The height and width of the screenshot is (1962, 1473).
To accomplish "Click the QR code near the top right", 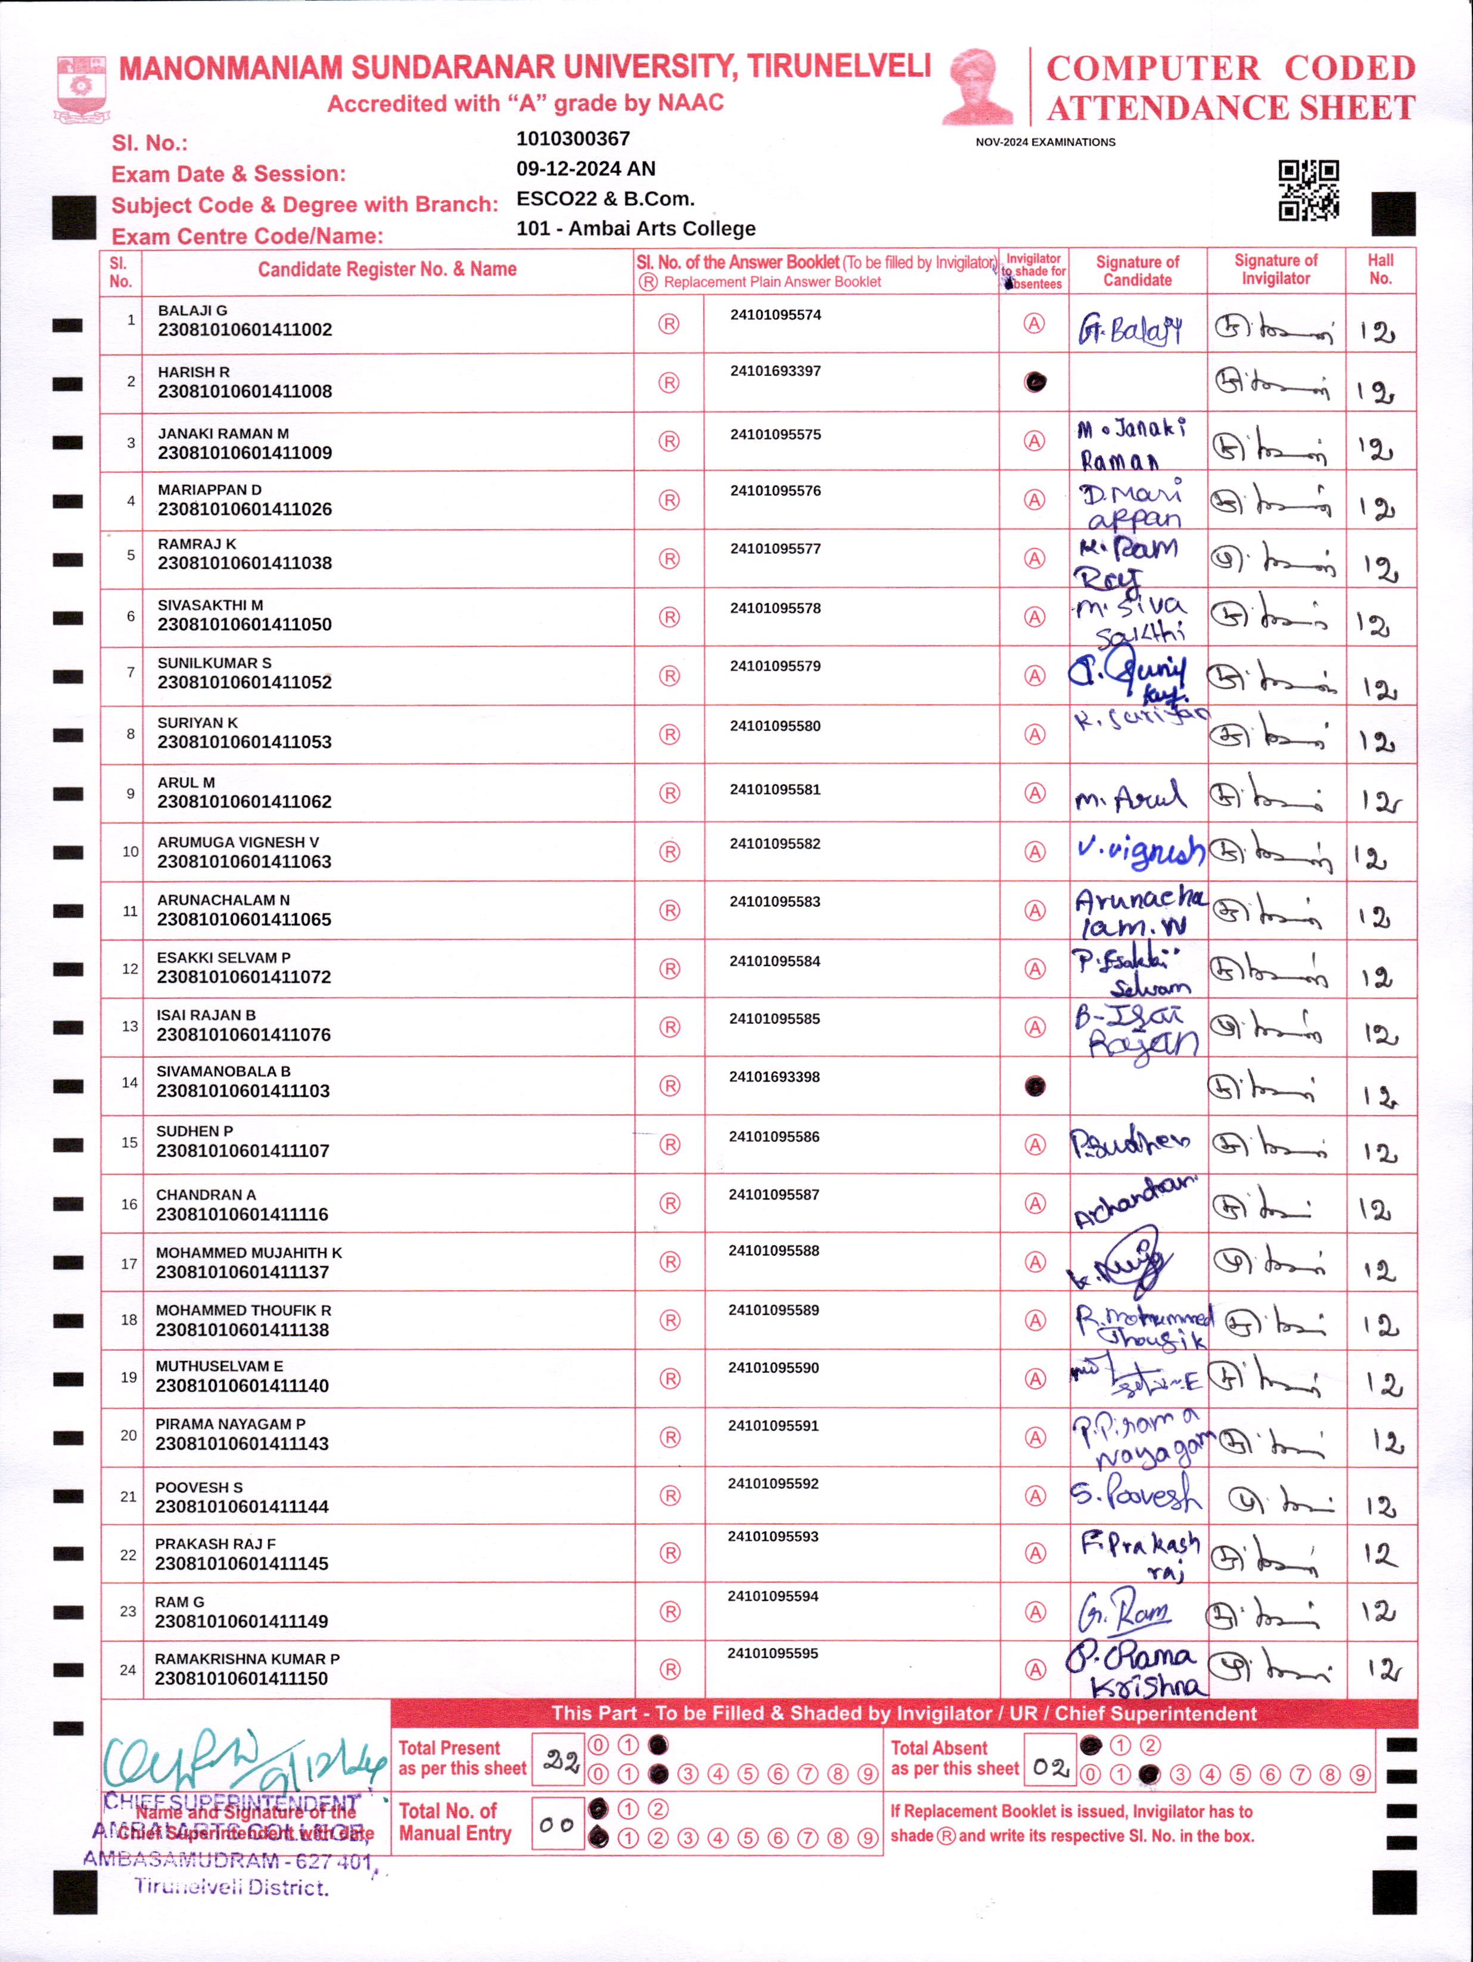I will pos(1308,190).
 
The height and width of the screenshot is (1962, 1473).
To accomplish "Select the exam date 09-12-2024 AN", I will pos(586,169).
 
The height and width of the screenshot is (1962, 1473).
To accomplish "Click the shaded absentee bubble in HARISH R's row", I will pos(1034,382).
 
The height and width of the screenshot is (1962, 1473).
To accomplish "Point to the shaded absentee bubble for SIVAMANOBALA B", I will pos(1034,1086).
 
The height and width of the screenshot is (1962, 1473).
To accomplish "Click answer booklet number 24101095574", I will pos(776,315).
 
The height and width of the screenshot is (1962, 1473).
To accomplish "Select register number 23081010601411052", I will pos(244,682).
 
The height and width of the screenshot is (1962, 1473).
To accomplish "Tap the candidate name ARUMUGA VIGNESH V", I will pos(238,842).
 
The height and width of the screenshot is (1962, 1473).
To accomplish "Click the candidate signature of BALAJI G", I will pos(1130,330).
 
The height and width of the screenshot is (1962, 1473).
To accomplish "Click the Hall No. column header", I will pos(1380,270).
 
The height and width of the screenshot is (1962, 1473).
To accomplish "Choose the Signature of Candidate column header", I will pos(1137,270).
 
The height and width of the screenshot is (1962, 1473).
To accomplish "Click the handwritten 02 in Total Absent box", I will pos(1051,1768).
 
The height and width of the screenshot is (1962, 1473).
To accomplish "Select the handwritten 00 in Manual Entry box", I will pos(557,1824).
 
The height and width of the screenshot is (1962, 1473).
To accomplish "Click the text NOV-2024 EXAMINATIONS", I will pos(1045,142).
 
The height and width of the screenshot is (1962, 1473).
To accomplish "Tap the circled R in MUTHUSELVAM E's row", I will pos(670,1378).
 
